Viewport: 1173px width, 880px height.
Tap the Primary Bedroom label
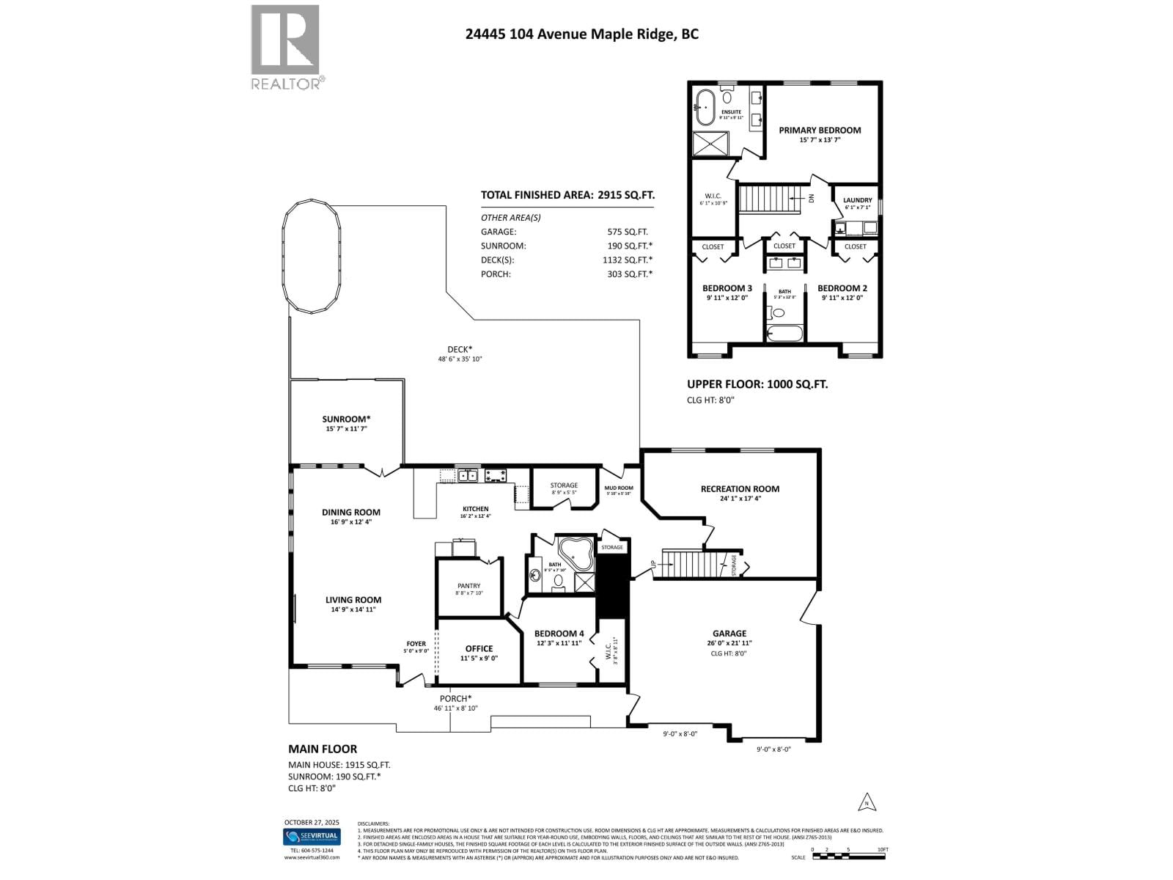point(820,131)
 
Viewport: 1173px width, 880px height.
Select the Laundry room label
point(857,200)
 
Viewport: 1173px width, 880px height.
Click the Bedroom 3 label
point(727,288)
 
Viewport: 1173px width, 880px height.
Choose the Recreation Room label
point(739,489)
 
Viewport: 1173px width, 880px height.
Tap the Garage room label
point(729,634)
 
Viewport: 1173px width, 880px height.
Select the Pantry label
point(468,586)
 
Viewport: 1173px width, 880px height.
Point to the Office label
point(479,649)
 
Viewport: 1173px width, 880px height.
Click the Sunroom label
point(346,419)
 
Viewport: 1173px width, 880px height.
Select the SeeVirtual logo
point(312,837)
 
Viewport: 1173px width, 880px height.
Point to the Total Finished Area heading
point(567,195)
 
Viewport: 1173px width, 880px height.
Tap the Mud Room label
point(618,488)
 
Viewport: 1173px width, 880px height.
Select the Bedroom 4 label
point(559,634)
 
